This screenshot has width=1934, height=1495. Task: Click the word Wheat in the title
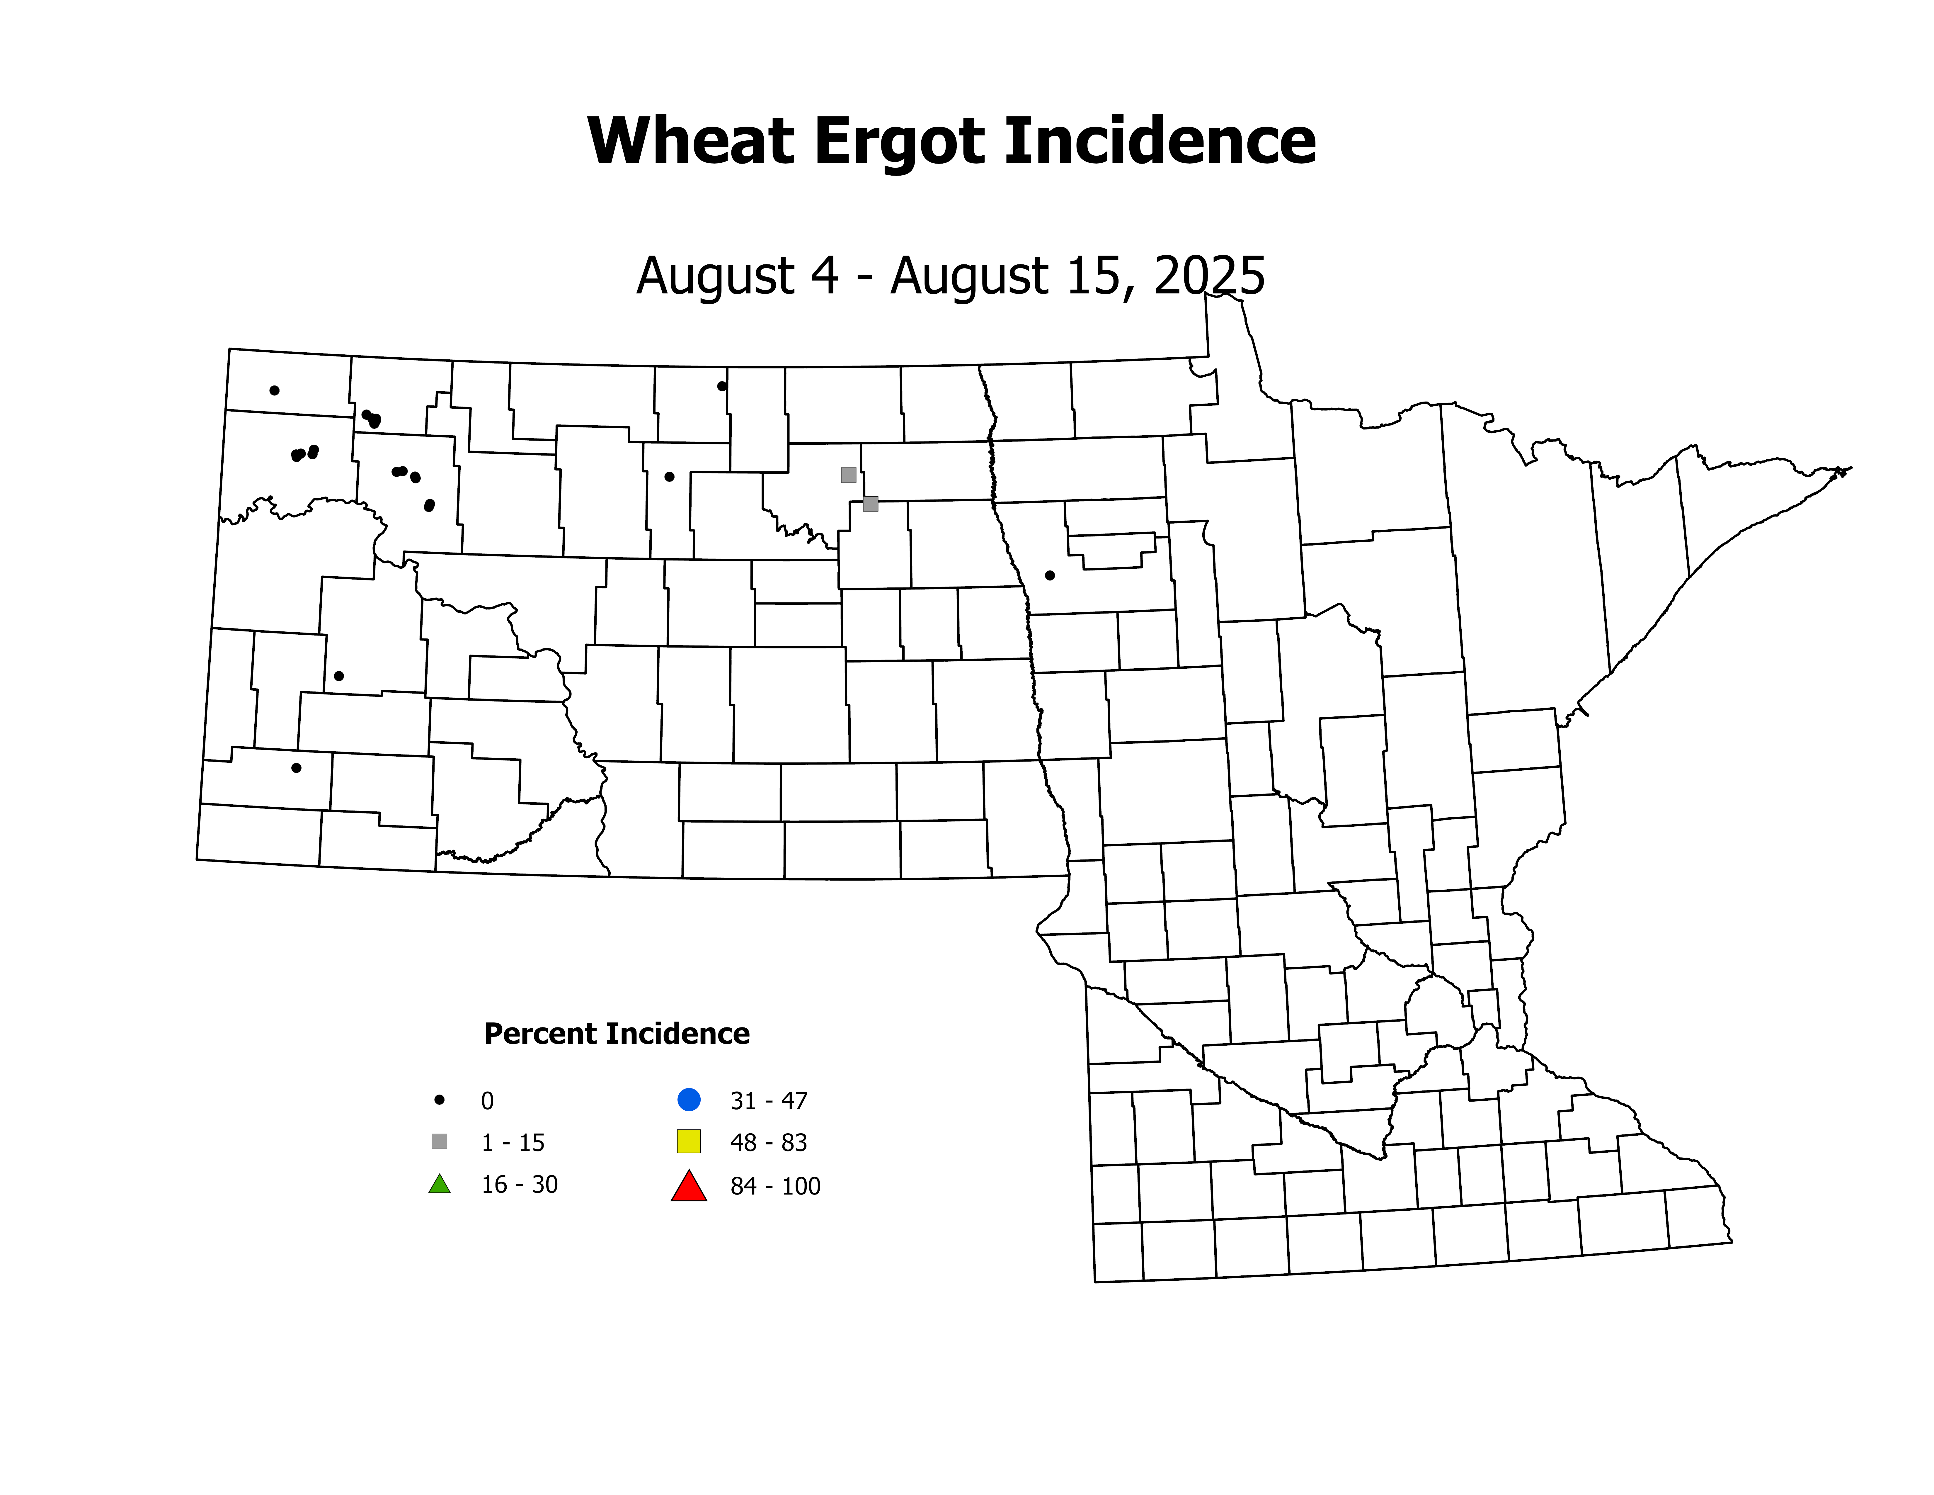click(691, 142)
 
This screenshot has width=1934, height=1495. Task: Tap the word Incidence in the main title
click(1160, 142)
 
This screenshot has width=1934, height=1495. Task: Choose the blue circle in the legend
click(689, 1100)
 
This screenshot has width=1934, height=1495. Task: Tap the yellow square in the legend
click(689, 1141)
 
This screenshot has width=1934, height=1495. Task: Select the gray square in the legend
click(439, 1141)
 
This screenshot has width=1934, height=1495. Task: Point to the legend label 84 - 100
click(775, 1187)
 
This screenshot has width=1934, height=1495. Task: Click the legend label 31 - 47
click(769, 1101)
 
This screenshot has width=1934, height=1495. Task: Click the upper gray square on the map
click(848, 475)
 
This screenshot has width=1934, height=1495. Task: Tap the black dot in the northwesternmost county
click(275, 390)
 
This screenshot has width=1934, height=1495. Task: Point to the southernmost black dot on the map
click(297, 768)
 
